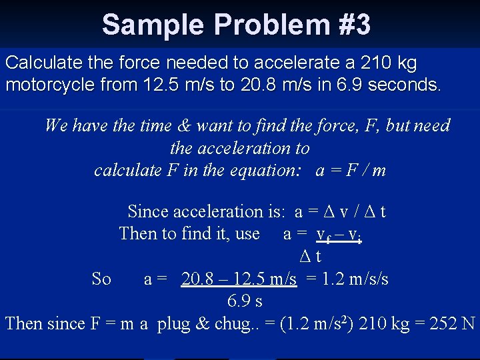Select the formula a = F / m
[x=351, y=170]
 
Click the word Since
[x=147, y=211]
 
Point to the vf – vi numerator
[x=339, y=235]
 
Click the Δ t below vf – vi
[x=310, y=256]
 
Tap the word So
[x=101, y=279]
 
